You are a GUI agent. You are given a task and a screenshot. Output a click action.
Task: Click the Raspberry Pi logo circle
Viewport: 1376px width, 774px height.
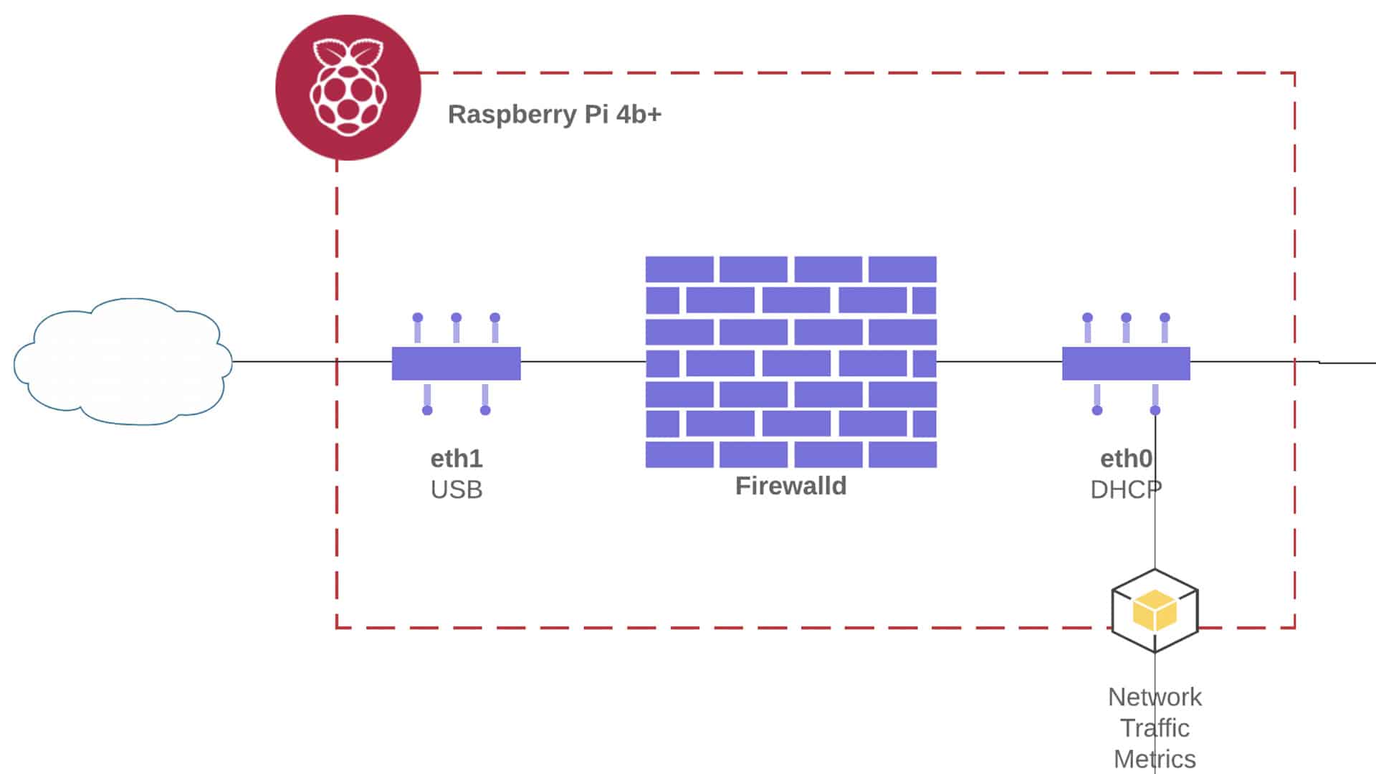click(x=348, y=87)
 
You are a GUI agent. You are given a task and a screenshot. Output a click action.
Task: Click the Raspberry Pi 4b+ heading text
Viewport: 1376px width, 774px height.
click(x=555, y=115)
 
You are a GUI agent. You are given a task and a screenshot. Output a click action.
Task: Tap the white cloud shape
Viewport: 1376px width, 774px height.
click(x=123, y=362)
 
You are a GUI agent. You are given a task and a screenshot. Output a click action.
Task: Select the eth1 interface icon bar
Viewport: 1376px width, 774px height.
click(x=456, y=363)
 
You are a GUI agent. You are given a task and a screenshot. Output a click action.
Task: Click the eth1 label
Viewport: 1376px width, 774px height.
click(x=457, y=459)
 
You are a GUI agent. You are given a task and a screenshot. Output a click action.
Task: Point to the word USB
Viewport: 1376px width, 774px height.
click(x=457, y=490)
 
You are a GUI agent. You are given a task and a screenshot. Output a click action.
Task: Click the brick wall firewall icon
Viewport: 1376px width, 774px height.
click(x=791, y=362)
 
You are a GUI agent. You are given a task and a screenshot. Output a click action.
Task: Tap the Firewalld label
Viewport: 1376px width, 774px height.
click(x=791, y=486)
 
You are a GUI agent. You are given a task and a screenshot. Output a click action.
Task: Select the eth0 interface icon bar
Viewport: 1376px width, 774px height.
click(x=1126, y=363)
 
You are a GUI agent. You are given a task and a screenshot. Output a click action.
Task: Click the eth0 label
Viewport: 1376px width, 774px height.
click(x=1127, y=459)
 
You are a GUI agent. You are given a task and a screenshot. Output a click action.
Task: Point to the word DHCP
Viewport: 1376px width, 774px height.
click(x=1126, y=490)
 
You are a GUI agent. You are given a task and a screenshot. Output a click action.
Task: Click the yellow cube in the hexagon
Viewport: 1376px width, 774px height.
click(x=1155, y=611)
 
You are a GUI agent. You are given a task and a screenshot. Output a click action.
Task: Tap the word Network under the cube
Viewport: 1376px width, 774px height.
click(x=1155, y=697)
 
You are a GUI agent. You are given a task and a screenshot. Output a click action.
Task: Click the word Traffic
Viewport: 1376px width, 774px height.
click(x=1155, y=728)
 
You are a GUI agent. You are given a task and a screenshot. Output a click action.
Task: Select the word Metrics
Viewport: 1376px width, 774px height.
click(x=1155, y=759)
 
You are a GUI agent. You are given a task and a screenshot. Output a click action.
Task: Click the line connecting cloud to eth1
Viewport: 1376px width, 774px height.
click(x=312, y=361)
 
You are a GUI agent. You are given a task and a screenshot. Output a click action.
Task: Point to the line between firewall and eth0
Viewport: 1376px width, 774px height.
click(x=999, y=361)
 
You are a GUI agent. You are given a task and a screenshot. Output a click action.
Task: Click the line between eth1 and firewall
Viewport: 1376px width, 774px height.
click(x=583, y=361)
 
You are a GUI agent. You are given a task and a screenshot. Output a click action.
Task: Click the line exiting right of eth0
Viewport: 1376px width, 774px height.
click(x=1283, y=362)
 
